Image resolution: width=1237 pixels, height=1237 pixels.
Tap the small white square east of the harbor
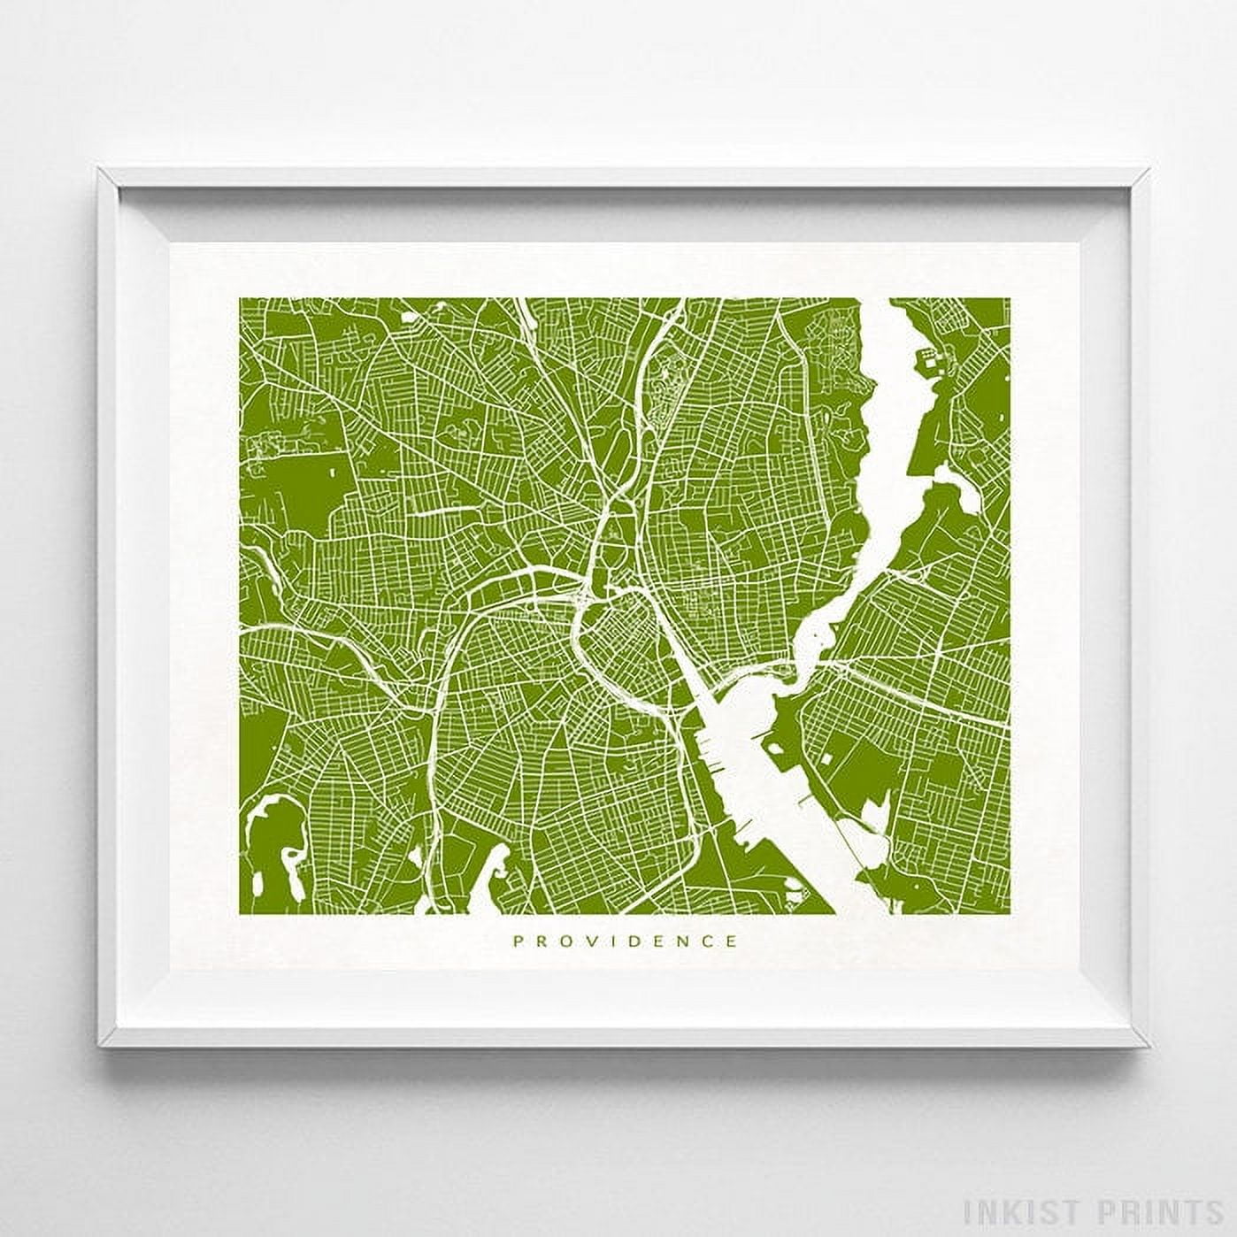click(826, 757)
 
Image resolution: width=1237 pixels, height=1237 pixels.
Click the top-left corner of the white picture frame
click(100, 168)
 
